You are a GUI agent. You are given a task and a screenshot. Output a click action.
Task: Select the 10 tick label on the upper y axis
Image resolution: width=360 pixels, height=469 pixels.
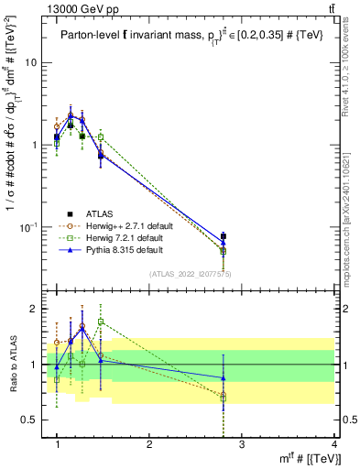point(31,63)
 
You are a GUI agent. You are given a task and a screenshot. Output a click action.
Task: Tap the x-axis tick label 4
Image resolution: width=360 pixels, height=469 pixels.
point(334,443)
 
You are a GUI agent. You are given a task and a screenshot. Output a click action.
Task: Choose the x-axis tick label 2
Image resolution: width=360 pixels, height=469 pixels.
point(149,443)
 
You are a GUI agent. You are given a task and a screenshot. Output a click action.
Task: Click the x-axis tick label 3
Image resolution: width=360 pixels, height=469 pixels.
point(242,443)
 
